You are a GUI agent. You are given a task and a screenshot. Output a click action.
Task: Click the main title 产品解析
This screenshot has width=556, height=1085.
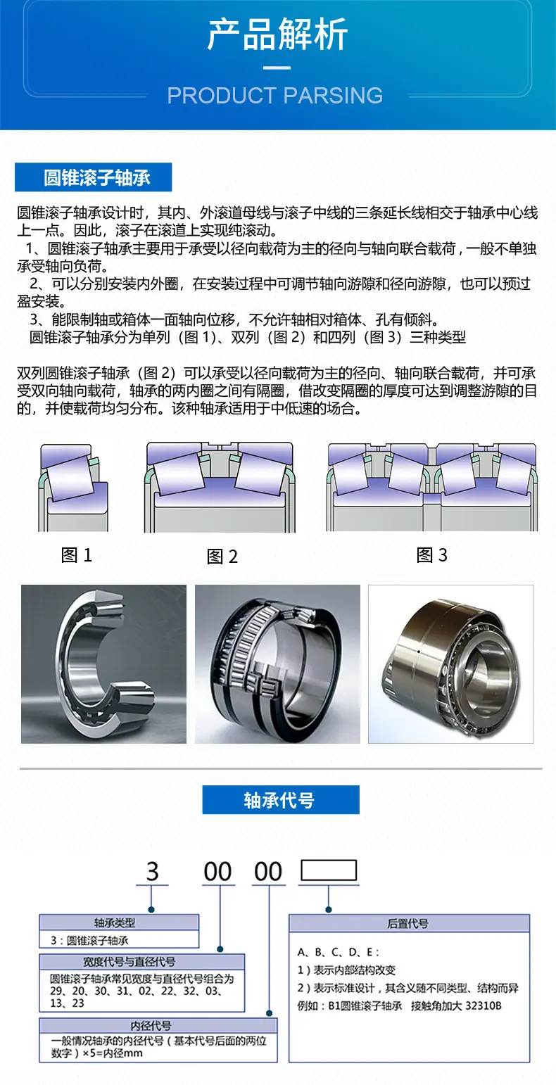click(277, 35)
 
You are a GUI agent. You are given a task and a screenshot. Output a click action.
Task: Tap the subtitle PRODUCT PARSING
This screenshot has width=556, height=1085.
click(275, 96)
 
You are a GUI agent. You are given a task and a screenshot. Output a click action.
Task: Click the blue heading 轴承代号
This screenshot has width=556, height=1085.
click(279, 800)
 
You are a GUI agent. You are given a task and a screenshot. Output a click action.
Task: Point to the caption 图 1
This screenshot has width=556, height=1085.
click(77, 555)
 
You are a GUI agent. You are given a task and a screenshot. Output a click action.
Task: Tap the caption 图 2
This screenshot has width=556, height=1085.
click(222, 557)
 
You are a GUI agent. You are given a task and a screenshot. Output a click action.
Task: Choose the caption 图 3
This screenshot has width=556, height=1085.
click(432, 555)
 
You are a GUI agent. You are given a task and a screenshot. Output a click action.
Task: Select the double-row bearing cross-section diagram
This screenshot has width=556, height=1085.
click(219, 487)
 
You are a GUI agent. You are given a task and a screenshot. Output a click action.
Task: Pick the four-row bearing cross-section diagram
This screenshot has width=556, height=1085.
click(432, 487)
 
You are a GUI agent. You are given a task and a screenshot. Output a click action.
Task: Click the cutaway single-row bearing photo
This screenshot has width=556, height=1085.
click(103, 664)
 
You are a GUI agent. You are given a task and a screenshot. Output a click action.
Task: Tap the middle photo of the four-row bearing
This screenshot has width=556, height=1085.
click(277, 664)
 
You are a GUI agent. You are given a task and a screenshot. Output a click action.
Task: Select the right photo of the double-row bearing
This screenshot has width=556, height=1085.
click(450, 664)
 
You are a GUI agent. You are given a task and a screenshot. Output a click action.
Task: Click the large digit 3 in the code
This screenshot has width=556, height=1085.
click(153, 872)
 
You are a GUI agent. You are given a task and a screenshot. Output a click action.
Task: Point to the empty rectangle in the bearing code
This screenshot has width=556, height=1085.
click(329, 870)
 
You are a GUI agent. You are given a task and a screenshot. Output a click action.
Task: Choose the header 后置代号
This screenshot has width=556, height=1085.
click(408, 923)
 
